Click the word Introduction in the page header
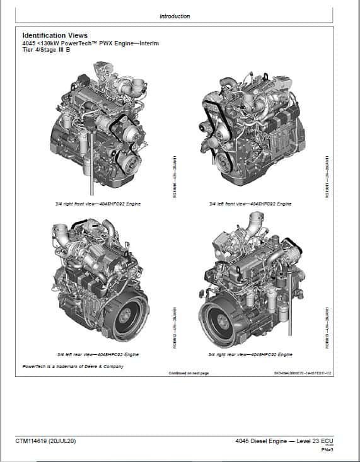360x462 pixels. click(175, 16)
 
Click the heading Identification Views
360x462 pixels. click(55, 36)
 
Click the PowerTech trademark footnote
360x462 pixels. click(73, 366)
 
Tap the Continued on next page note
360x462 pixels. click(189, 373)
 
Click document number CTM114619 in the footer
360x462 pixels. click(34, 441)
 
